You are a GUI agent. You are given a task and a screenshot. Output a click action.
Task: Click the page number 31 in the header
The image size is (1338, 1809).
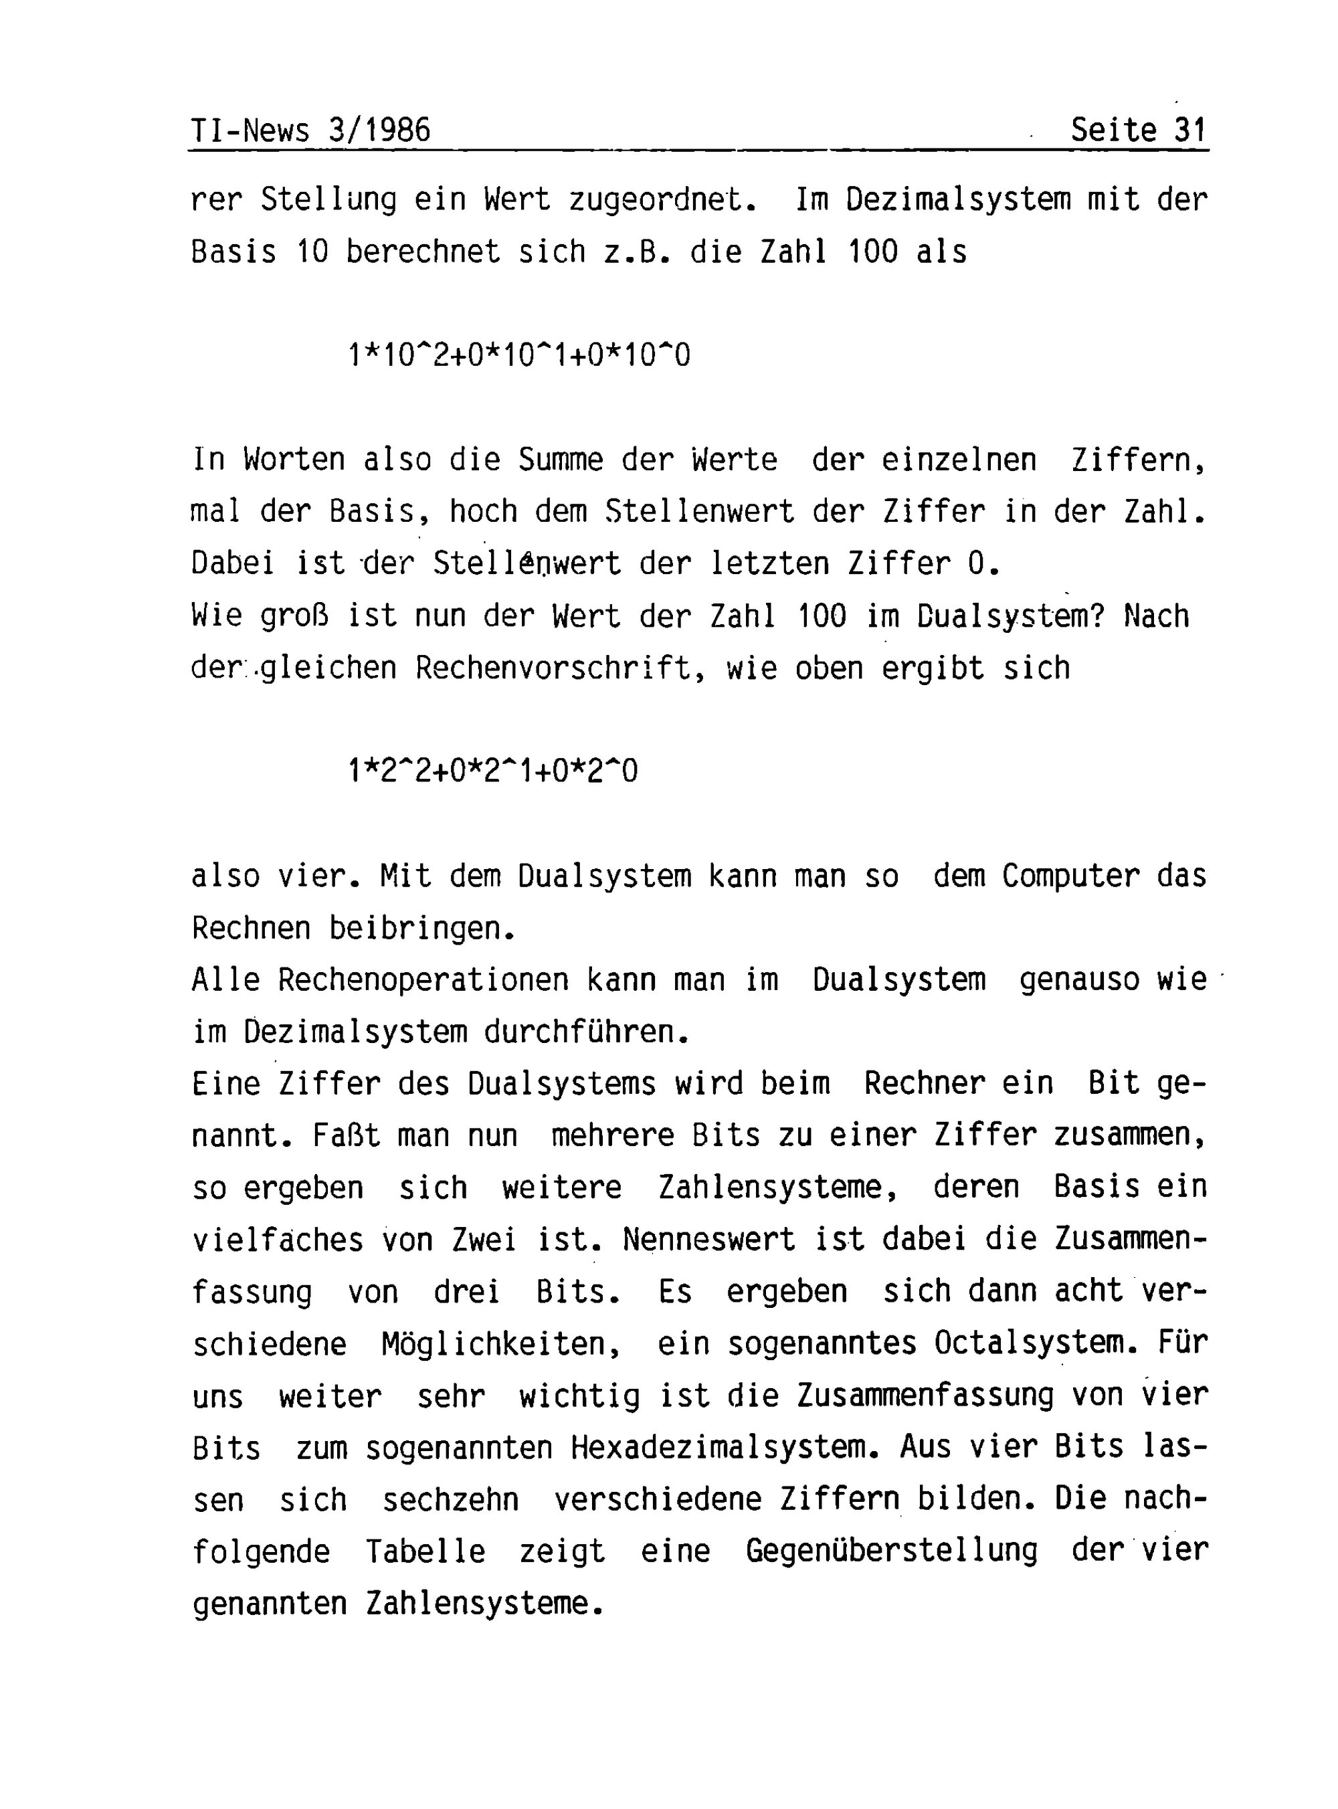click(1189, 130)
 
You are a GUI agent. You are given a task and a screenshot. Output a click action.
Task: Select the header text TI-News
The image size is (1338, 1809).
click(250, 130)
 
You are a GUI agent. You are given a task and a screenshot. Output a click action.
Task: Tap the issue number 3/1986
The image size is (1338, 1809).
click(380, 130)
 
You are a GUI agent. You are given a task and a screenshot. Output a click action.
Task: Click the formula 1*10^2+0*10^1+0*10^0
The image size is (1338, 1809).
click(519, 355)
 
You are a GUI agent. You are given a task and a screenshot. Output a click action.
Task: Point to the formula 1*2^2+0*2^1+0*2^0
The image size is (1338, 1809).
click(492, 770)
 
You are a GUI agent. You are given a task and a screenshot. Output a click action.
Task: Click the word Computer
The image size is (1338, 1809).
click(1070, 876)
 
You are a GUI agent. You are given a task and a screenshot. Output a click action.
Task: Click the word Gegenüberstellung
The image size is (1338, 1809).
click(891, 1551)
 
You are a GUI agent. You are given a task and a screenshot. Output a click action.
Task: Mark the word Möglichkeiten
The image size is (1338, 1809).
click(500, 1344)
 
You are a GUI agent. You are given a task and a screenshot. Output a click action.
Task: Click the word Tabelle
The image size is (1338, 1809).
click(425, 1551)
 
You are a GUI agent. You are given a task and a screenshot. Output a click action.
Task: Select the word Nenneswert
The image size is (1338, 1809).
click(708, 1240)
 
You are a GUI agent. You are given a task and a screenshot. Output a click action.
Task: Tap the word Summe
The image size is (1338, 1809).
click(561, 460)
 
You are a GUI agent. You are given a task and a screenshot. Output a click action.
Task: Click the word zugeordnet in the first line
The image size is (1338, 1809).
click(662, 200)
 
